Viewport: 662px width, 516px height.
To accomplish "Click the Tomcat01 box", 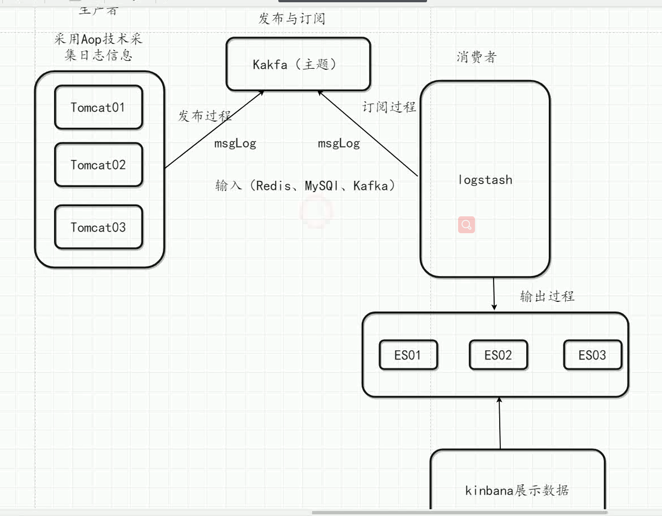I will (98, 107).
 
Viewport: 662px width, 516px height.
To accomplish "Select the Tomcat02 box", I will (98, 165).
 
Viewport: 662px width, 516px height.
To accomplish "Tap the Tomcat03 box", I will (98, 228).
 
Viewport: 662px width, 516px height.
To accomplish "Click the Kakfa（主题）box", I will (298, 64).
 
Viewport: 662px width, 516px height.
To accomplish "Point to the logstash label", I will (485, 180).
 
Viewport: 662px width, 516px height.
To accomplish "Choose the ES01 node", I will (408, 355).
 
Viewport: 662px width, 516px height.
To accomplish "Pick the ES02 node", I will (498, 355).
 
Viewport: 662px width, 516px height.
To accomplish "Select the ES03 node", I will (592, 355).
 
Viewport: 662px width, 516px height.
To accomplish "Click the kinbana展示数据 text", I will (517, 490).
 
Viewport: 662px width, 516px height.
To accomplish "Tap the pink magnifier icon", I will (466, 225).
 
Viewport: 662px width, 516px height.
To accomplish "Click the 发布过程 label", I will (205, 116).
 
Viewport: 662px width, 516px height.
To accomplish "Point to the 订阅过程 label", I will (389, 106).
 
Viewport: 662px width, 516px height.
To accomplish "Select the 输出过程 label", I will (547, 296).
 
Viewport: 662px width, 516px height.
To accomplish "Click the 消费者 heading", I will (477, 57).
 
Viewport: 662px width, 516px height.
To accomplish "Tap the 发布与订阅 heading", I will (292, 19).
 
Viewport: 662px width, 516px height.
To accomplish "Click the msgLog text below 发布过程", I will (235, 144).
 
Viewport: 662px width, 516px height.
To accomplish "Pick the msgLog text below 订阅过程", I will (339, 144).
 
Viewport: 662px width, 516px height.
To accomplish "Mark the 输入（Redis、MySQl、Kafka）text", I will (305, 185).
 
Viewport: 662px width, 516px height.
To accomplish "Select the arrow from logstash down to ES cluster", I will (494, 293).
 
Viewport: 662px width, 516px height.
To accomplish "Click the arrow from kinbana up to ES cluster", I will (499, 422).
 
